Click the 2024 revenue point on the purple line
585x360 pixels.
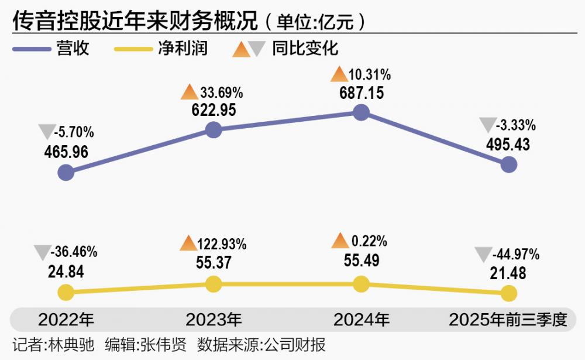coord(362,112)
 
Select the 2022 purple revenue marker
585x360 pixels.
coord(66,173)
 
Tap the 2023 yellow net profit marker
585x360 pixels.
coord(214,284)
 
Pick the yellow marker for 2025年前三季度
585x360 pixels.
coord(509,293)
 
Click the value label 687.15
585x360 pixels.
coord(362,92)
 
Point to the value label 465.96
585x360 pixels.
coord(66,152)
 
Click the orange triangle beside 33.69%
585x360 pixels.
coord(189,92)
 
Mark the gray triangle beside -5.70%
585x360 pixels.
coord(45,132)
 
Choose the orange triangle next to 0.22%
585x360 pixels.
coord(340,241)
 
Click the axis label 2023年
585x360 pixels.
coord(214,320)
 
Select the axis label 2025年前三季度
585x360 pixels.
coord(508,320)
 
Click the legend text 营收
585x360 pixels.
coord(73,48)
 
